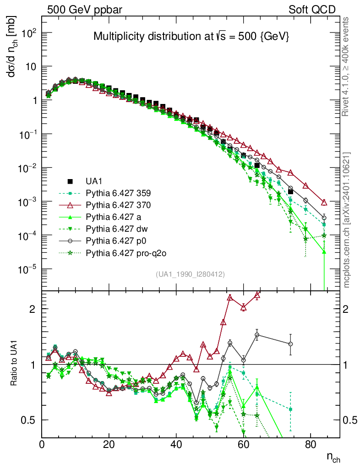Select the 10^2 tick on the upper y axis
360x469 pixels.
pyautogui.click(x=29, y=33)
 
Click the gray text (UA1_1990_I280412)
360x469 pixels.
pyautogui.click(x=190, y=274)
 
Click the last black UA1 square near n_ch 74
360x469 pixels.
pyautogui.click(x=290, y=191)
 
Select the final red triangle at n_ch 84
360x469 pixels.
pyautogui.click(x=324, y=202)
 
